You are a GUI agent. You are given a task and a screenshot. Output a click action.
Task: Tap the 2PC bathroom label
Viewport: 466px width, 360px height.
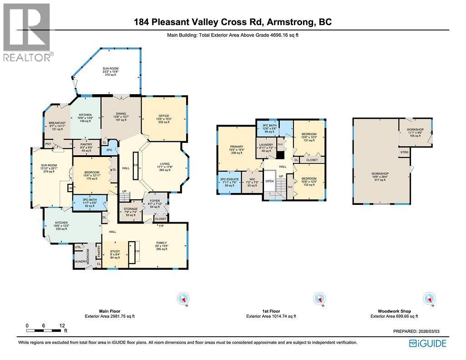(109, 150)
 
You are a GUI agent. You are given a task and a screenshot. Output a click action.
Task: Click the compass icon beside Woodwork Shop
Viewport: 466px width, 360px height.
(428, 299)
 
